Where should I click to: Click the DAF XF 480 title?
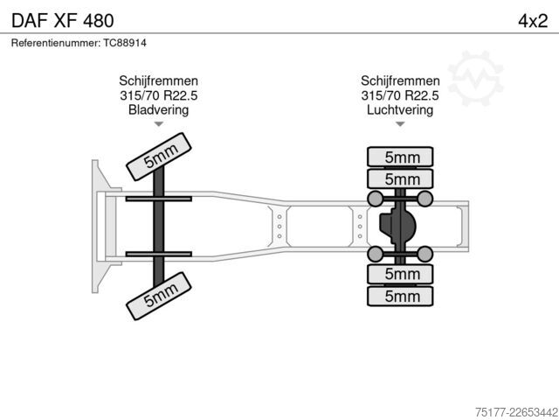coord(63,21)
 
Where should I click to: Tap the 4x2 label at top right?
coord(533,21)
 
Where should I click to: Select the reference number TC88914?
coord(125,43)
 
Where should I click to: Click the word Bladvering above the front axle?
coord(158,109)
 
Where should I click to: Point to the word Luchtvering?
coord(400,109)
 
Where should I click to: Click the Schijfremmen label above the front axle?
coord(158,80)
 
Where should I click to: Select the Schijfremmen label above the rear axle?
coord(400,80)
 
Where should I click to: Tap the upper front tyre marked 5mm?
coord(159,157)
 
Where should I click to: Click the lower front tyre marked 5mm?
coord(159,296)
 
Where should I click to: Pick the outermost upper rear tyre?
coord(400,157)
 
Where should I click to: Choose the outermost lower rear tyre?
coord(400,296)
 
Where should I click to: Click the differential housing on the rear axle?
coord(398,226)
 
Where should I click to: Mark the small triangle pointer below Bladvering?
coord(159,124)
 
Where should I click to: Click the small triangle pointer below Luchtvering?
coord(400,124)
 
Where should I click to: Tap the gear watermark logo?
coord(476,78)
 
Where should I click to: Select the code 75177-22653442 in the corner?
coord(516,412)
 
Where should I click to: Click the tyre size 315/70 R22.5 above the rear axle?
coord(400,95)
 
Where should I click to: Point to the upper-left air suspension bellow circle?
coord(375,199)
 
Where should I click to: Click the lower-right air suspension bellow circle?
coord(425,254)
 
